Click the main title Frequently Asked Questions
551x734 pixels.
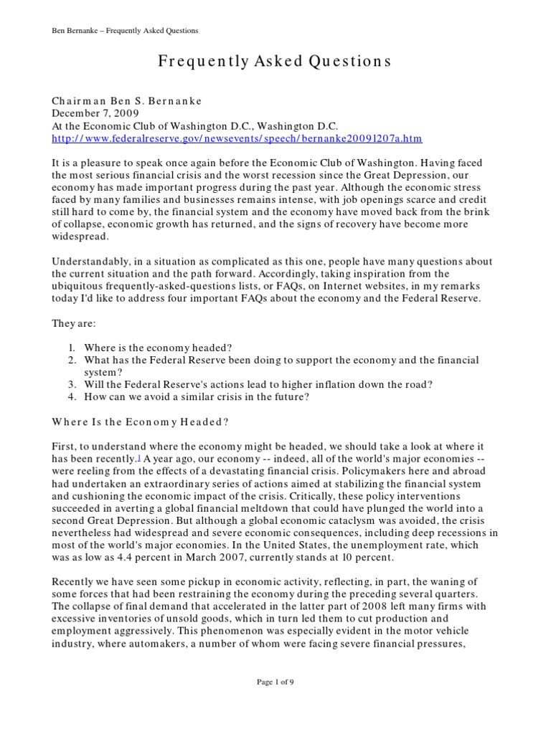click(x=275, y=62)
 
